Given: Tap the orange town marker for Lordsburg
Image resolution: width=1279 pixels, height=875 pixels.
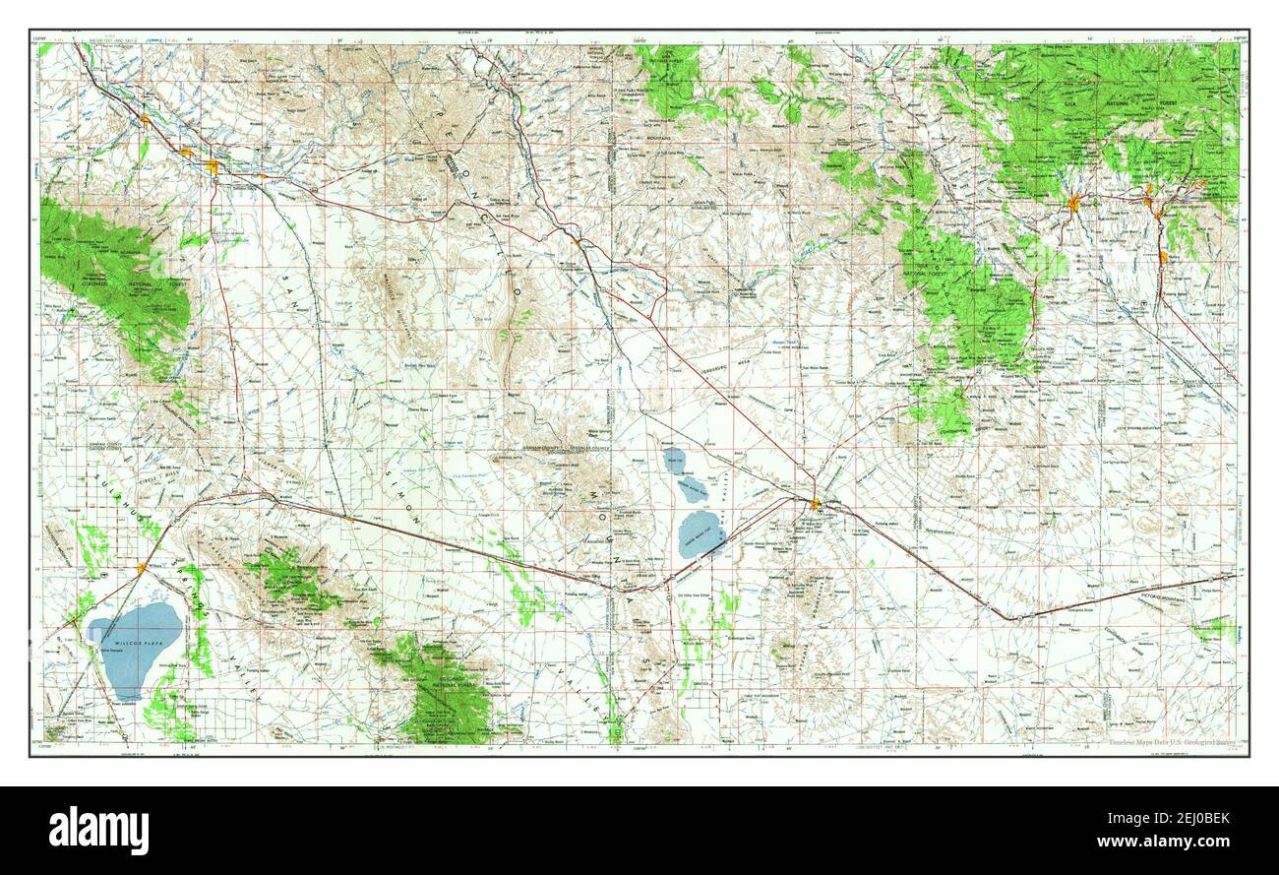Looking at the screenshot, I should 816,504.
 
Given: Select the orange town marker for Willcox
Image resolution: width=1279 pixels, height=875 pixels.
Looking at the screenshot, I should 144,568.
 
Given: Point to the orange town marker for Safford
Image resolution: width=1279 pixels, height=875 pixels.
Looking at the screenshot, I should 213,167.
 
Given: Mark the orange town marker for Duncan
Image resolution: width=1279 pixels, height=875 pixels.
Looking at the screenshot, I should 577,239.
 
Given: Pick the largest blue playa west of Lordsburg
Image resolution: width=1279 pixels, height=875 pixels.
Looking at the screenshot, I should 702,532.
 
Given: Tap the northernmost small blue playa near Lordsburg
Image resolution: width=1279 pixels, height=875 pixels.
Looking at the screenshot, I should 675,457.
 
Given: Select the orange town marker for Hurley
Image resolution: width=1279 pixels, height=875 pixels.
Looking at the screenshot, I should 1164,257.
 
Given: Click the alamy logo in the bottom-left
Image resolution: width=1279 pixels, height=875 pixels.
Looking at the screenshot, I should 97,830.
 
